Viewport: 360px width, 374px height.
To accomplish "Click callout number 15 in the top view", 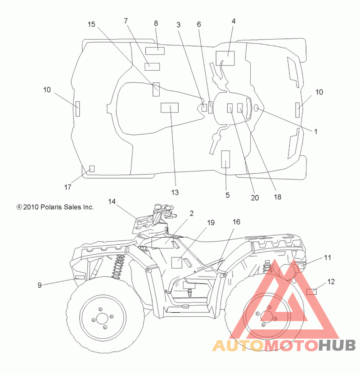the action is pos(91,24).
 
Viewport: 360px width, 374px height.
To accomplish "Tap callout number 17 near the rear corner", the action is pos(67,187).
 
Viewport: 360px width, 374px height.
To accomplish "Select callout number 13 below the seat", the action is pos(175,192).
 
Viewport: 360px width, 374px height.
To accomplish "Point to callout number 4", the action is pos(234,21).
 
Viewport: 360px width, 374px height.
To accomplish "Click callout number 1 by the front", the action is pos(315,131).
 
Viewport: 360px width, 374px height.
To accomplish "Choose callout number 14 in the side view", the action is pos(112,202).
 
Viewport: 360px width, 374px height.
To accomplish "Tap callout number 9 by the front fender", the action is pos(40,285).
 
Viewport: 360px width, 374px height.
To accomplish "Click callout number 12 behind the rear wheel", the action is pos(331,282).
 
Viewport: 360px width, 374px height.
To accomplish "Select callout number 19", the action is pos(211,222).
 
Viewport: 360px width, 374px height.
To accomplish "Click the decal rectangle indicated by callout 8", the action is pos(155,51).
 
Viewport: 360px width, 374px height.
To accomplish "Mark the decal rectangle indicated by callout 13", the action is pos(170,108).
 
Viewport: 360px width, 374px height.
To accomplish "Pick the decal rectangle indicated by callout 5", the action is pos(225,159).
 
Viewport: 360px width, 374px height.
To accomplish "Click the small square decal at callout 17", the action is pos(92,169).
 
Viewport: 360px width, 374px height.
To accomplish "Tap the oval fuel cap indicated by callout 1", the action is pos(256,108).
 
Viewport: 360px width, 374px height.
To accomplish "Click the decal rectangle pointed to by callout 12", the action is pos(311,292).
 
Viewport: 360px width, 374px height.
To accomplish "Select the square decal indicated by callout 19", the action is pos(177,263).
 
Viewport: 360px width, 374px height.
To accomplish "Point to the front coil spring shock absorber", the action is pos(118,266).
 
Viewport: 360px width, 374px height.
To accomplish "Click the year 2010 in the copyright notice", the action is pos(31,207).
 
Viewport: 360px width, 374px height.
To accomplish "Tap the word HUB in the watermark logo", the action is pos(337,345).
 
